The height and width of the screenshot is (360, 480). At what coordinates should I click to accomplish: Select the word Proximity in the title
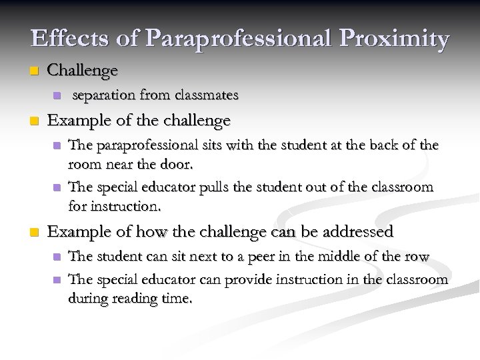[399, 39]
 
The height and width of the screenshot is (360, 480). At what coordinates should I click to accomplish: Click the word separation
[104, 96]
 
